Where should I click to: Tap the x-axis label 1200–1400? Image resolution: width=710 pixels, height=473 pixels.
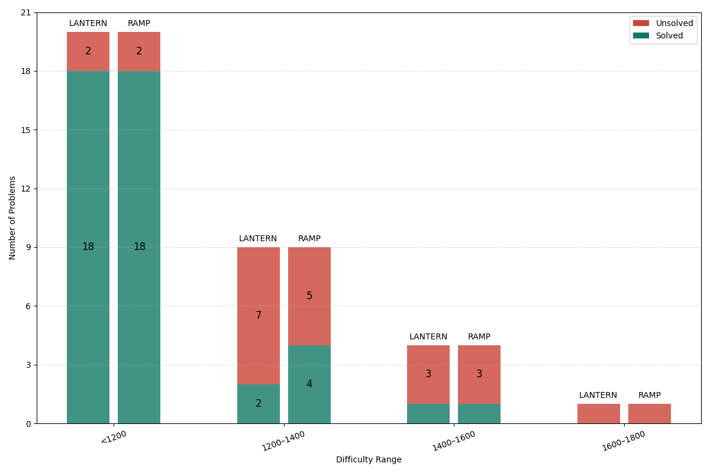pyautogui.click(x=284, y=441)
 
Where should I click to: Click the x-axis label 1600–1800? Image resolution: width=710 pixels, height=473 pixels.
pyautogui.click(x=624, y=441)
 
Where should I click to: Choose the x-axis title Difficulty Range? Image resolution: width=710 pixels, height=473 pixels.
pyautogui.click(x=369, y=460)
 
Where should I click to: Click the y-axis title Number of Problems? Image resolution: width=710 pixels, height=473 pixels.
pyautogui.click(x=12, y=218)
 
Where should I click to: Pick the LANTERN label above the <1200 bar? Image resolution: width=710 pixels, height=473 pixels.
pyautogui.click(x=88, y=24)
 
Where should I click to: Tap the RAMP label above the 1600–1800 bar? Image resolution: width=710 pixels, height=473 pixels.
pyautogui.click(x=650, y=396)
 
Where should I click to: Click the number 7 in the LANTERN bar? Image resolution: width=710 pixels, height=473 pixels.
pyautogui.click(x=259, y=316)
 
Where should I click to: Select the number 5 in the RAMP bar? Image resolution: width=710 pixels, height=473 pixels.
pyautogui.click(x=309, y=296)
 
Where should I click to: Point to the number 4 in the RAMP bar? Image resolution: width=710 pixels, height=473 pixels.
pyautogui.click(x=309, y=384)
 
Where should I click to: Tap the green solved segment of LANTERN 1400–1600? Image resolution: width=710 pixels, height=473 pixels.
pyautogui.click(x=428, y=414)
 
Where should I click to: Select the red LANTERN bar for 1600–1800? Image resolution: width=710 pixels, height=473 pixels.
pyautogui.click(x=599, y=414)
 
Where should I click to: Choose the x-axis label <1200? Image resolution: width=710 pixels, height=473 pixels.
pyautogui.click(x=114, y=438)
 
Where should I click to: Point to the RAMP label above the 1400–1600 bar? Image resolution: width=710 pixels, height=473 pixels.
pyautogui.click(x=479, y=337)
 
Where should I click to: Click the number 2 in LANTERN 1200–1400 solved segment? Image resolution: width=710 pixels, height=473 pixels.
pyautogui.click(x=259, y=404)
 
